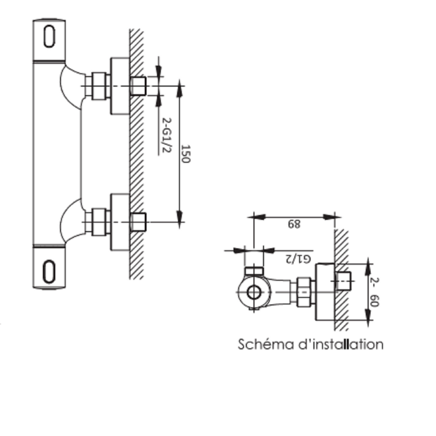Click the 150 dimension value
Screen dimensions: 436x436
pyautogui.click(x=186, y=154)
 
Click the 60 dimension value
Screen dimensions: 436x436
pyautogui.click(x=374, y=301)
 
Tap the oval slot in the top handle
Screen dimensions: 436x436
pyautogui.click(x=49, y=37)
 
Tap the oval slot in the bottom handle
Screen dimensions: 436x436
pyautogui.click(x=49, y=271)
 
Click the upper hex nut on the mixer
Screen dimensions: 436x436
pyautogui.click(x=98, y=86)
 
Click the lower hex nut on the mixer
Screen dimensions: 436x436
pyautogui.click(x=98, y=221)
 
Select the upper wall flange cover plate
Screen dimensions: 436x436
pyautogui.click(x=120, y=86)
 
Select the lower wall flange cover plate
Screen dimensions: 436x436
pyautogui.click(x=120, y=221)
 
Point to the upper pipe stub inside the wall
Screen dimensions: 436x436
pyautogui.click(x=138, y=86)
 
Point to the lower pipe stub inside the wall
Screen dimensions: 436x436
pyautogui.click(x=138, y=221)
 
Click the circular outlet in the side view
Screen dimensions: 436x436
pyautogui.click(x=255, y=293)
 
